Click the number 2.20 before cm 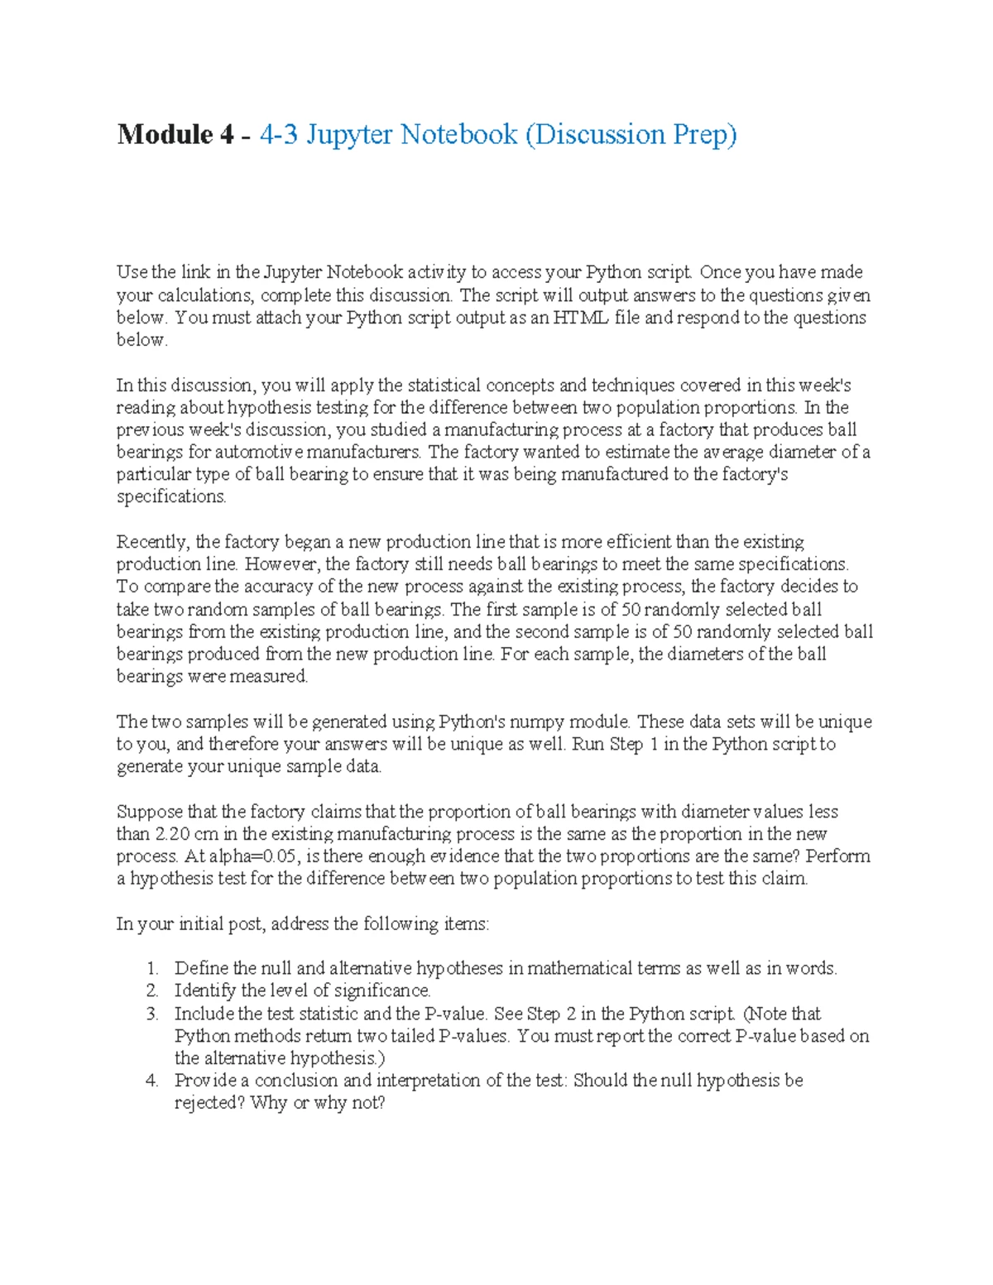tap(173, 834)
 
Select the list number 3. tap(151, 1014)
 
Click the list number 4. tap(151, 1081)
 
